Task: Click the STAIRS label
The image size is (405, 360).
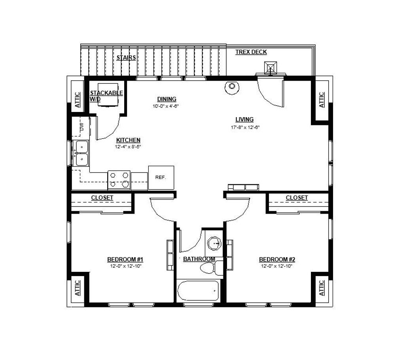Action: (x=126, y=58)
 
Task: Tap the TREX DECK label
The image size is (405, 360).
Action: (x=251, y=52)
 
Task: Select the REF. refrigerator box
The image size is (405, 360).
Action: (x=161, y=178)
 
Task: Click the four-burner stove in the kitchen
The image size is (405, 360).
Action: (x=119, y=180)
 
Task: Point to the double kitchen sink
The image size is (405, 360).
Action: (x=81, y=153)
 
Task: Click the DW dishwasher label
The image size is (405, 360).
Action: (x=82, y=127)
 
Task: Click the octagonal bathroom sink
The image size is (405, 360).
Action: (x=215, y=243)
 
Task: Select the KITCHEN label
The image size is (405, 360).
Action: (x=128, y=140)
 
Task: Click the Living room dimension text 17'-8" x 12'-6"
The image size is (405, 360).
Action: (x=245, y=127)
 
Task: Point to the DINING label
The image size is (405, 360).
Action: (x=167, y=99)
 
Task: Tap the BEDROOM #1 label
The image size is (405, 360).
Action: (x=125, y=259)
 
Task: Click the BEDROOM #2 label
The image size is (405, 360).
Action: (x=277, y=259)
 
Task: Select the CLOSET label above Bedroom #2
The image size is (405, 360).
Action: (x=297, y=198)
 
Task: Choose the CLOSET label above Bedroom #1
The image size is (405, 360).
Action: (x=102, y=198)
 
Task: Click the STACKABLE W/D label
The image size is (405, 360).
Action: (x=106, y=96)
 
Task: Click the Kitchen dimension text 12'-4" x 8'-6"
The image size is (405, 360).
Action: (x=128, y=147)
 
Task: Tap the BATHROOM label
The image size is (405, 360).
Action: (x=199, y=259)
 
